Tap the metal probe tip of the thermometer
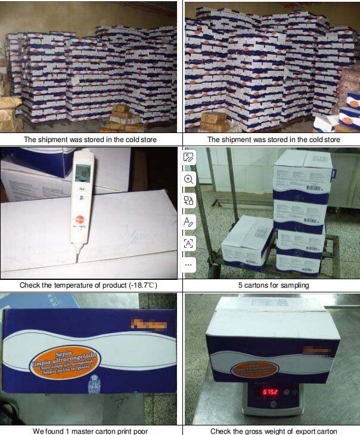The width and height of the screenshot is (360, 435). pos(77,258)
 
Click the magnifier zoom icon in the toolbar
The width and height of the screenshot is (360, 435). pos(189,179)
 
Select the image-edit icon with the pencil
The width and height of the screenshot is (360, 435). pos(189,158)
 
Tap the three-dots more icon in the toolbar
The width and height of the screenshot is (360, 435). pos(189,264)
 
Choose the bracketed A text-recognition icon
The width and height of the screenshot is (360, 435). pos(189,243)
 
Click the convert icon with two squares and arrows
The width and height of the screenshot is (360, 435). pos(189,200)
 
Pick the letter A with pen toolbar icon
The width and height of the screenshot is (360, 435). pos(189,222)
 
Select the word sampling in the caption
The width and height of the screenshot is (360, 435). pos(296,285)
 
